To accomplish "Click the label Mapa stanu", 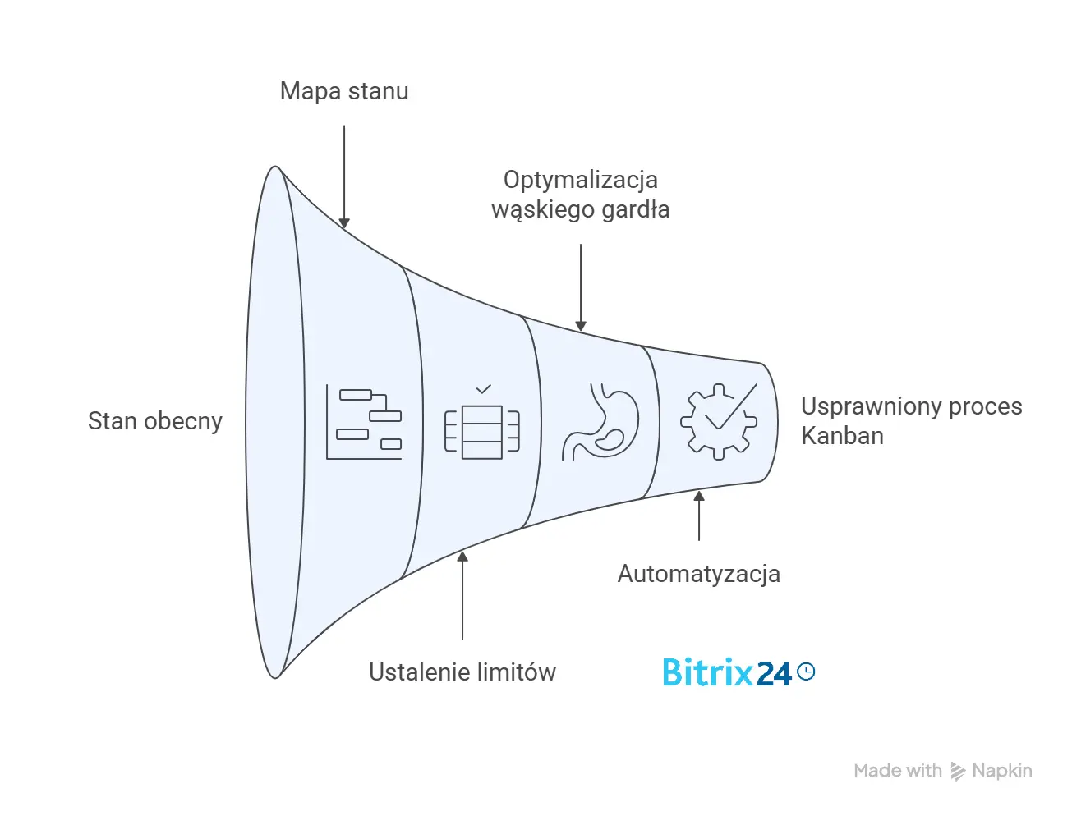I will coord(344,91).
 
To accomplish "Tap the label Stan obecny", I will coord(155,421).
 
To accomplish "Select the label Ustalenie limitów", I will coord(462,672).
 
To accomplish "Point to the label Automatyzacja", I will coord(699,574).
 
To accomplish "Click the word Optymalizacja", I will coord(581,180).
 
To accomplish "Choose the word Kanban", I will coord(842,436).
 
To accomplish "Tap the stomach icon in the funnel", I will coord(601,421).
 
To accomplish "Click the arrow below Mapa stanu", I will coord(344,176).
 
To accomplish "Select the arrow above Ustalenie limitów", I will coord(462,595).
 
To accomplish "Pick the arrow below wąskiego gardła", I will coord(581,287).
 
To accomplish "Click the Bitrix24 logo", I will coord(738,673).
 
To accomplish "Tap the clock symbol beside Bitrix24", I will coord(806,672).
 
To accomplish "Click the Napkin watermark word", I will coord(1001,771).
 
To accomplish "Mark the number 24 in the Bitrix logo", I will coord(773,674).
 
